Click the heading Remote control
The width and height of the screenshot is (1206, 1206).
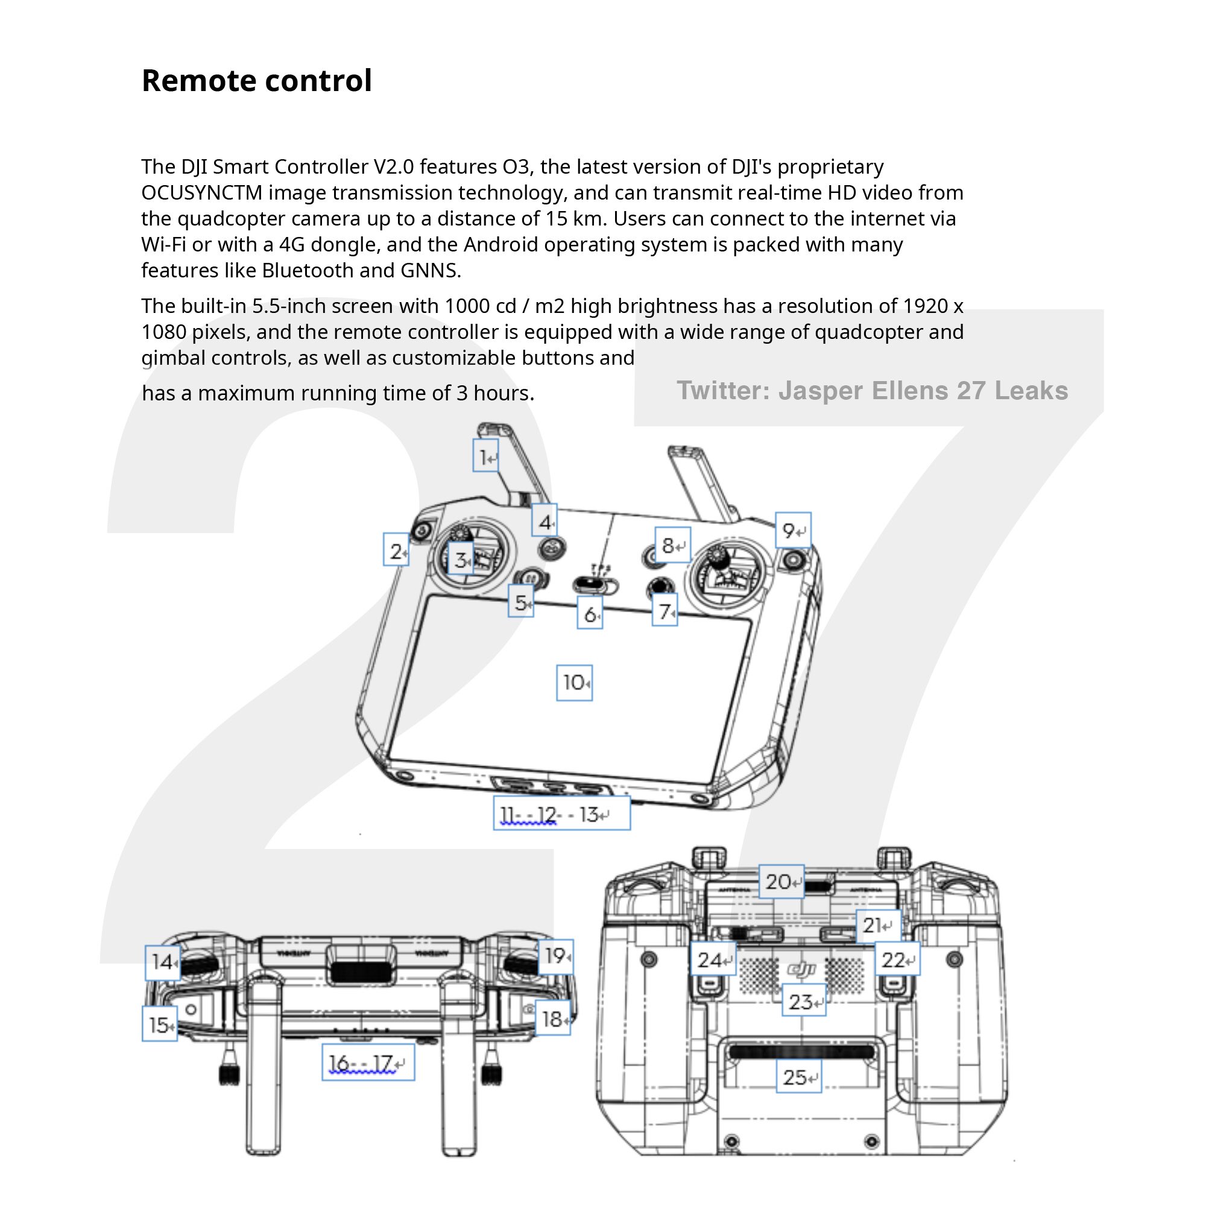256,81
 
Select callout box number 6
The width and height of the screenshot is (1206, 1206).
589,614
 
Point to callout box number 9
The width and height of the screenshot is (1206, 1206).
793,531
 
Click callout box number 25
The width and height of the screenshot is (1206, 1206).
798,1077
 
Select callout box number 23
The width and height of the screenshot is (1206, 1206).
803,1002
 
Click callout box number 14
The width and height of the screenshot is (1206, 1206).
163,962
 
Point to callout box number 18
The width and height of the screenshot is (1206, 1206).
553,1019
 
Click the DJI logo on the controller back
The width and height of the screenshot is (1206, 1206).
801,970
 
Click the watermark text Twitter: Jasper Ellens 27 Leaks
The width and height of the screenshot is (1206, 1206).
872,391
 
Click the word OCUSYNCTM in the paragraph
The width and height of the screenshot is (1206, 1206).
201,193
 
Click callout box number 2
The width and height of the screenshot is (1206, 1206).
396,551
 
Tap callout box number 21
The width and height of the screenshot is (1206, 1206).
877,926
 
